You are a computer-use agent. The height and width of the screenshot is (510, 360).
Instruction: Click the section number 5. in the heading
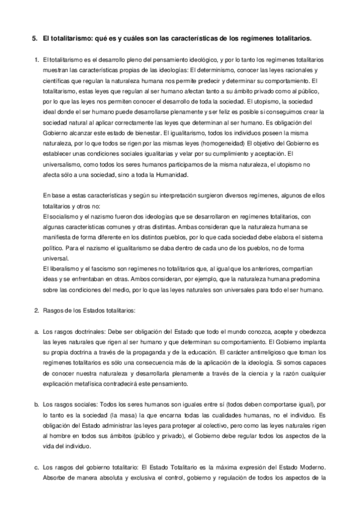34,38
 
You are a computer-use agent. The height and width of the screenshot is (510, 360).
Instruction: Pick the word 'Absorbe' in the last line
57,479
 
